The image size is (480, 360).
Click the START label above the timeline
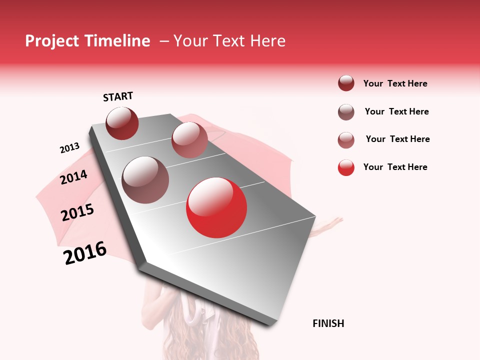click(x=118, y=96)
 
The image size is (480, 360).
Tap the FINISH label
click(x=328, y=323)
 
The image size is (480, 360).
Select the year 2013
click(x=69, y=148)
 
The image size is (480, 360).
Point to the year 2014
click(x=73, y=177)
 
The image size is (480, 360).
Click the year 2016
click(x=85, y=253)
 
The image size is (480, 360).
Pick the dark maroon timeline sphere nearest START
click(x=122, y=123)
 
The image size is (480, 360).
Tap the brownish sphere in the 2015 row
click(x=145, y=180)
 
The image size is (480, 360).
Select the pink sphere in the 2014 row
click(x=189, y=139)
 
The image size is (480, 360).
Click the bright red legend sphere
click(x=346, y=167)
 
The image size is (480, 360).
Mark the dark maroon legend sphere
click(x=346, y=83)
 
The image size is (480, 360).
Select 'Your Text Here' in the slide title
click(x=229, y=41)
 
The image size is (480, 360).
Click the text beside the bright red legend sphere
click(x=395, y=167)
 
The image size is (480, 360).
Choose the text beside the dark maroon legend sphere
click(x=395, y=83)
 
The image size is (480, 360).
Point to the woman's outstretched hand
click(x=332, y=222)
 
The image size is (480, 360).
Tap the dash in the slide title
click(x=163, y=41)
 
